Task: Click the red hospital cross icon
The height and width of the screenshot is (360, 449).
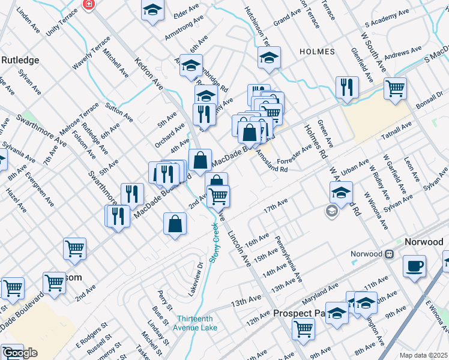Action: click(x=89, y=4)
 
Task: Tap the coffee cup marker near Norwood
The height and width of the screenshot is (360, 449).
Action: click(x=414, y=266)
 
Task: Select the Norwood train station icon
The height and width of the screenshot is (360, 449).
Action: click(x=389, y=254)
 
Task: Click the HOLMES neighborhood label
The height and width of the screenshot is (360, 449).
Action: click(x=317, y=52)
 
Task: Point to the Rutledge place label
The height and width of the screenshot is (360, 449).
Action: click(x=20, y=60)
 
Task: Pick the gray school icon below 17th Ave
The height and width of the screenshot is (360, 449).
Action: click(x=331, y=211)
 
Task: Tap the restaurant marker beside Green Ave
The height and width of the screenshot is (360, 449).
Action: click(x=347, y=88)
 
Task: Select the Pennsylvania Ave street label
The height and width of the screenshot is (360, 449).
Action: click(x=289, y=260)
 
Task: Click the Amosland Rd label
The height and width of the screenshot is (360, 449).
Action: click(x=272, y=163)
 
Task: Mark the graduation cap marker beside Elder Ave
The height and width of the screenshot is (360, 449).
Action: click(x=153, y=10)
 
